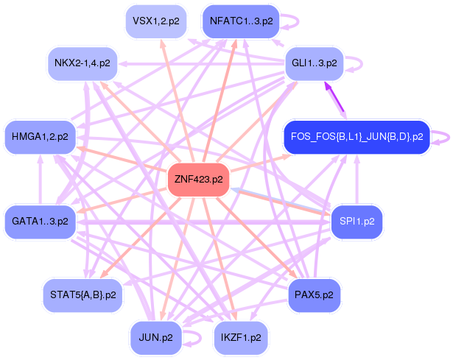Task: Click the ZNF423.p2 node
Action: click(198, 180)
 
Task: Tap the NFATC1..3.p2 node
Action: click(241, 21)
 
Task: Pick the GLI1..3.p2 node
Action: click(315, 63)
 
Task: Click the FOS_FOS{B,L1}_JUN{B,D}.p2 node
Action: click(357, 136)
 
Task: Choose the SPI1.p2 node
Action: click(357, 220)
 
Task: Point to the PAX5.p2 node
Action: click(314, 294)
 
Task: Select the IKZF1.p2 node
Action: click(241, 338)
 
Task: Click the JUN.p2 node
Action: click(155, 338)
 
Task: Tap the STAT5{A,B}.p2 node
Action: click(82, 294)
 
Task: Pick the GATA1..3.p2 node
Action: click(40, 220)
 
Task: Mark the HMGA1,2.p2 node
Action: click(40, 136)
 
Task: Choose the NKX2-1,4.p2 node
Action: click(82, 63)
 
